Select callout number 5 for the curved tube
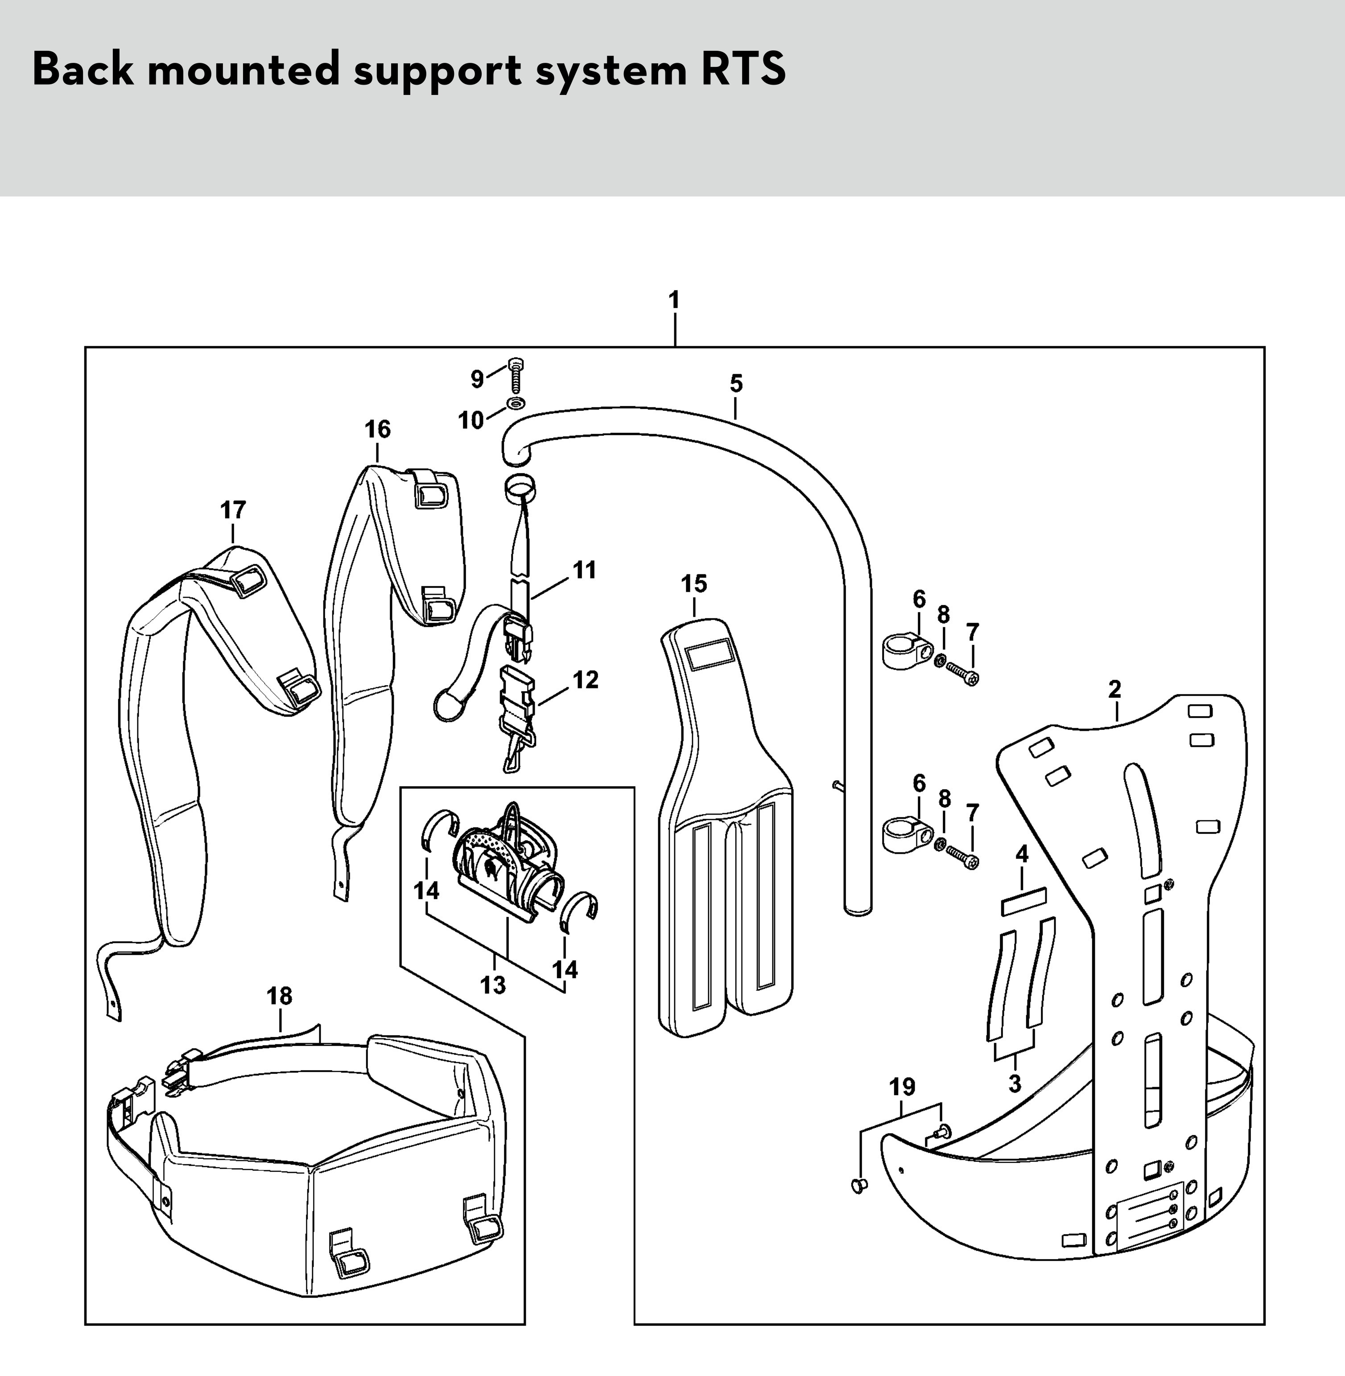click(x=736, y=384)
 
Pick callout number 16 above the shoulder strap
click(x=377, y=429)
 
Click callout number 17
click(x=233, y=510)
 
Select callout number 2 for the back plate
click(x=1115, y=689)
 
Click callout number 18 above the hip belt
click(x=279, y=996)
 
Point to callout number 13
click(x=493, y=985)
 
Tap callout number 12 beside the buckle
click(x=586, y=680)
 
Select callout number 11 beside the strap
click(x=584, y=570)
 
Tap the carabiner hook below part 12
click(x=516, y=751)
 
